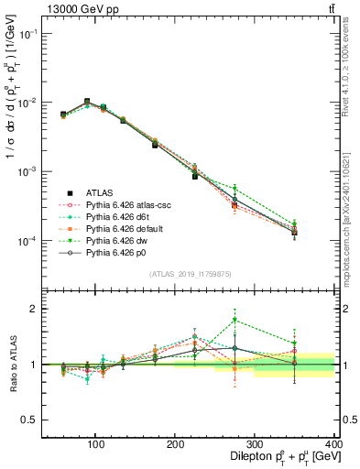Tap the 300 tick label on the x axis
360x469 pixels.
pos(275,446)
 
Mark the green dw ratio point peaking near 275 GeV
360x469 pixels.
pos(235,320)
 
